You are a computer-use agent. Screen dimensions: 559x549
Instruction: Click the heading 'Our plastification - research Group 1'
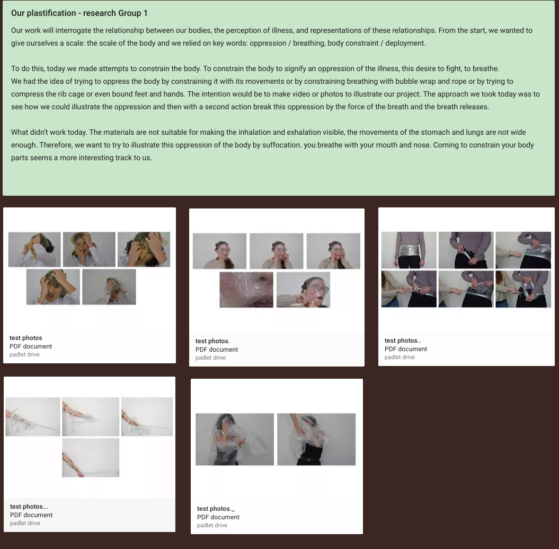tap(79, 13)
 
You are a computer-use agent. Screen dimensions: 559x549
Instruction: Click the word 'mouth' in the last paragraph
tap(386, 145)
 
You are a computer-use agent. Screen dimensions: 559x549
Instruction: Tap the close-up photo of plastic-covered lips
tap(246, 290)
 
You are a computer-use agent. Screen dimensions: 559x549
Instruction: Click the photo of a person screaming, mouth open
tap(53, 287)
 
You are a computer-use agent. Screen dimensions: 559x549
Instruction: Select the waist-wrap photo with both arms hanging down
tap(409, 250)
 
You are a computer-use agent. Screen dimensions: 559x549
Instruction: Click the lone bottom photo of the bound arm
tap(91, 458)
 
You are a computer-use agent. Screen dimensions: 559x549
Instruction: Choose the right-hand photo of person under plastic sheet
tap(316, 439)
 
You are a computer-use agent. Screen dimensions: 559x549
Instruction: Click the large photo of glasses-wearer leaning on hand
tap(304, 290)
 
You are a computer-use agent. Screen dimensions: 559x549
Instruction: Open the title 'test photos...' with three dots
tap(29, 507)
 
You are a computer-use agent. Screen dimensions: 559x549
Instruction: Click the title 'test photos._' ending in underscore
tap(216, 509)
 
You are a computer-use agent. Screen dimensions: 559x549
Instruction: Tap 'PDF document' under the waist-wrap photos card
tap(406, 349)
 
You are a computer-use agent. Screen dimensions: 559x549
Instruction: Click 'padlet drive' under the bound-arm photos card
tap(25, 524)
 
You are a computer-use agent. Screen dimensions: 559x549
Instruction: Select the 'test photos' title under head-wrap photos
tap(25, 338)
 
